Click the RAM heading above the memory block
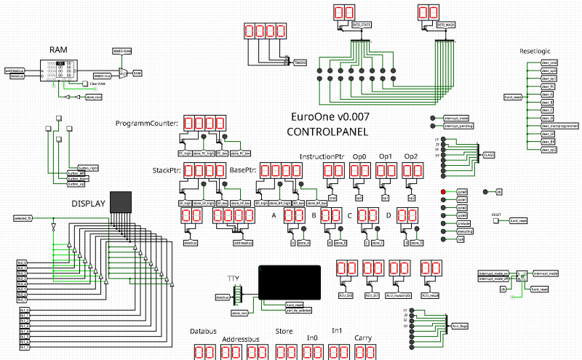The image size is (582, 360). tap(58, 49)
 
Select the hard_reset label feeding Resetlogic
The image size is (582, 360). tap(514, 96)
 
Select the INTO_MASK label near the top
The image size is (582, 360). tap(446, 25)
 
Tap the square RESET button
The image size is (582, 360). tap(495, 221)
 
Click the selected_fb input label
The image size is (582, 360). tap(23, 218)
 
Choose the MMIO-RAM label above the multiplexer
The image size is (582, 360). tap(122, 52)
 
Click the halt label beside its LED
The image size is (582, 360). tap(460, 239)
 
